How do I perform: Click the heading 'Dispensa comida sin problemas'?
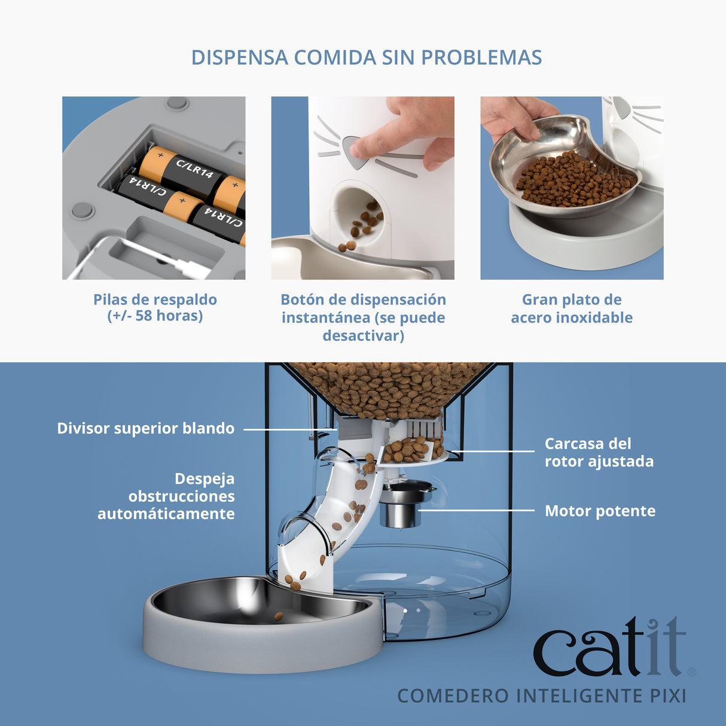[366, 57]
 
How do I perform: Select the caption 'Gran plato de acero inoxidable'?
[571, 309]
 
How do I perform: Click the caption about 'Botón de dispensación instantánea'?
[363, 317]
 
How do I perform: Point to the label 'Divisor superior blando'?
[145, 428]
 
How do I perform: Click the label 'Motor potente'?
[599, 511]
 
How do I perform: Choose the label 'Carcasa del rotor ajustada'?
[599, 452]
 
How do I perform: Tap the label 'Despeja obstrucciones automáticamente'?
[166, 496]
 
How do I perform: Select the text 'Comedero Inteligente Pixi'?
[541, 696]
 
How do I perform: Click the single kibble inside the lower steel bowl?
[278, 615]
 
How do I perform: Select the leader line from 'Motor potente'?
[475, 511]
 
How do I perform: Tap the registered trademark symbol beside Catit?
[691, 672]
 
